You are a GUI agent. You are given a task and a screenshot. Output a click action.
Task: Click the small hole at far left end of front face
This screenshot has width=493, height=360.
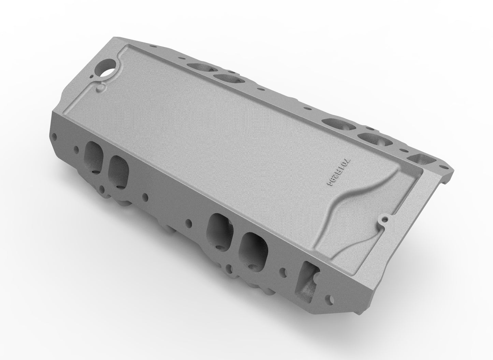(55, 137)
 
